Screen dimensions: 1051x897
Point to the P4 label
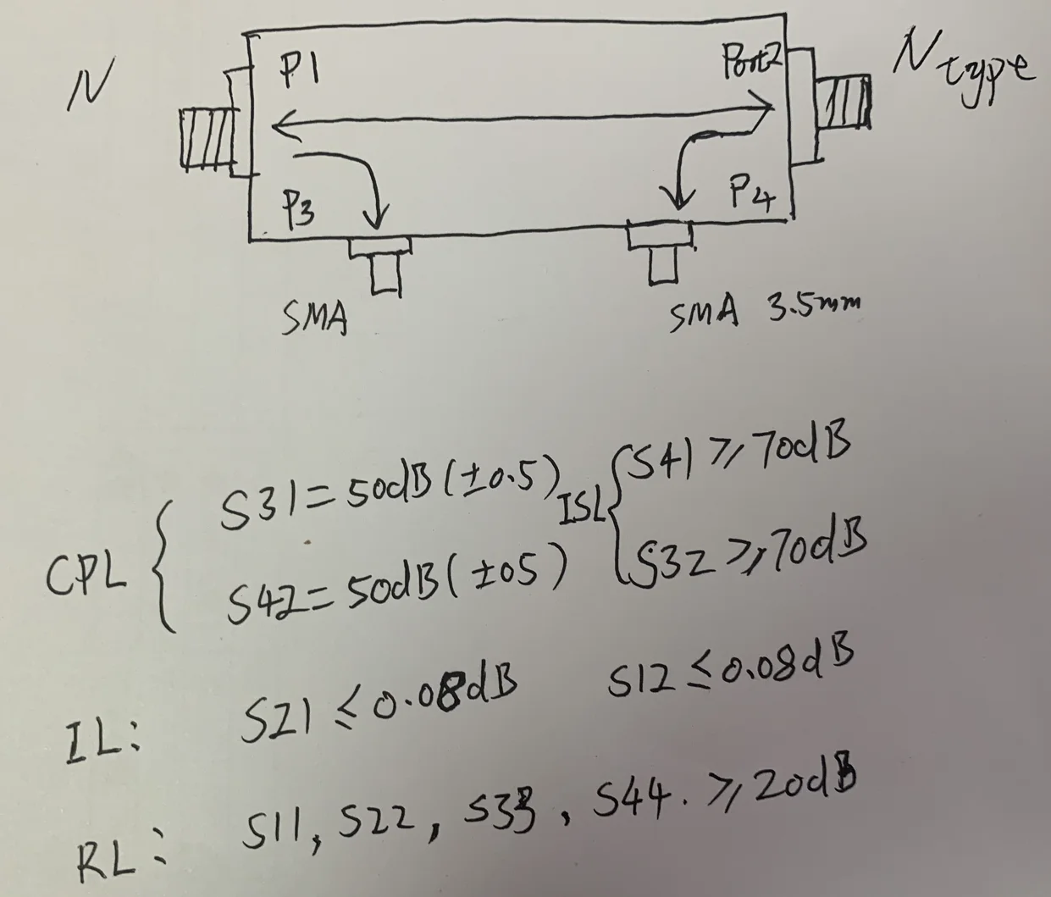(751, 197)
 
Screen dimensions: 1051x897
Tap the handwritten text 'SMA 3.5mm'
(761, 315)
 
